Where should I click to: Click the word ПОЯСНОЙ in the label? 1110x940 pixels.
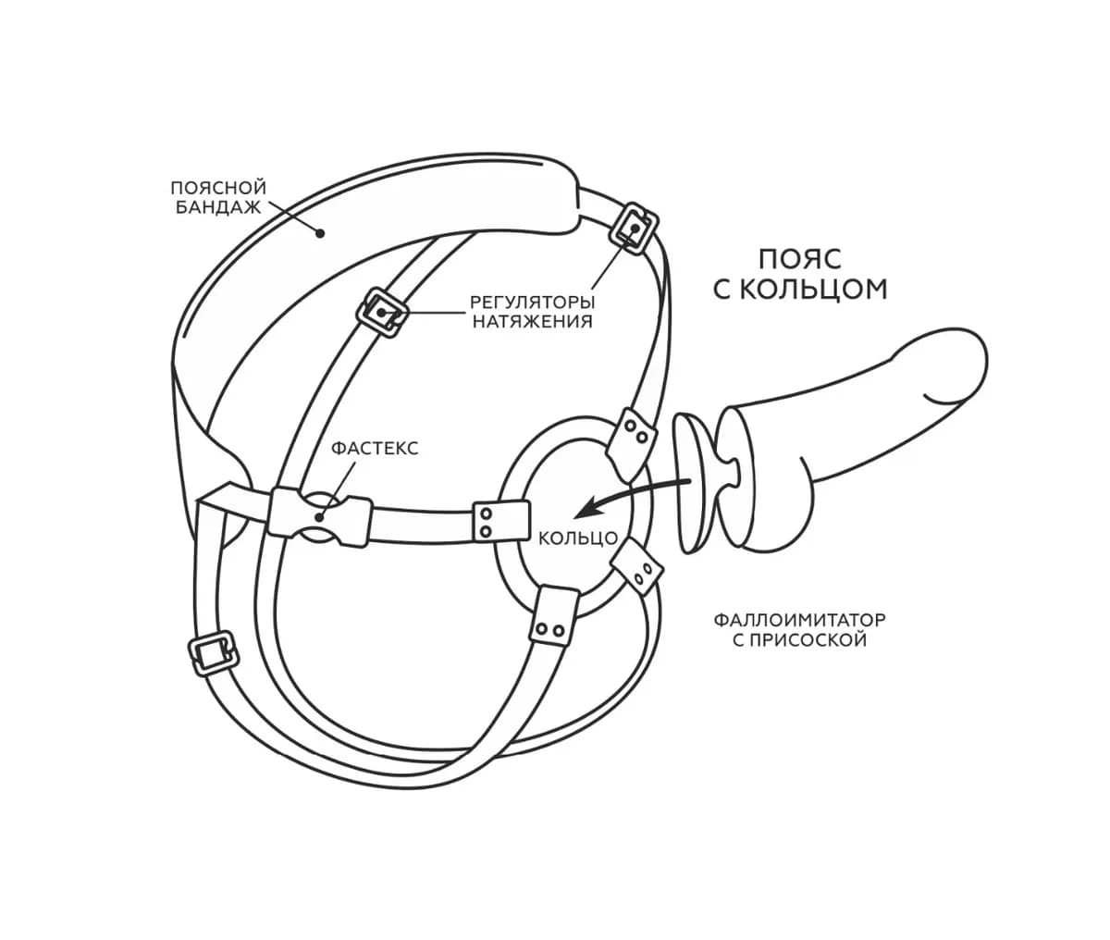click(218, 188)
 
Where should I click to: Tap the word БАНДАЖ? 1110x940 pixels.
click(218, 207)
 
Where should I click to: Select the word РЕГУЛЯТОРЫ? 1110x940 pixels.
click(532, 302)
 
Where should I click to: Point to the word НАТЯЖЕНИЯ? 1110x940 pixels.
click(532, 322)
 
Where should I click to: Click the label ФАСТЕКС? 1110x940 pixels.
click(375, 448)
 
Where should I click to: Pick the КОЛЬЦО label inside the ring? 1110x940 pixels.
click(578, 538)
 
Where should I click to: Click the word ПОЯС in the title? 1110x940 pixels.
click(799, 259)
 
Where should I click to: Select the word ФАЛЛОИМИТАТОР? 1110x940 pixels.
click(799, 620)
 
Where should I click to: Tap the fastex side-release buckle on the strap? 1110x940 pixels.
click(320, 517)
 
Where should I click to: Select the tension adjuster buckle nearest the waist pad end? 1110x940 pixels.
click(635, 229)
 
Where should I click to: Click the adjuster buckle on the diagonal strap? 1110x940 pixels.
click(382, 312)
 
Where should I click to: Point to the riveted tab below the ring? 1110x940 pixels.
click(553, 613)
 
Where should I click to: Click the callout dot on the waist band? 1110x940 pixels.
click(320, 233)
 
